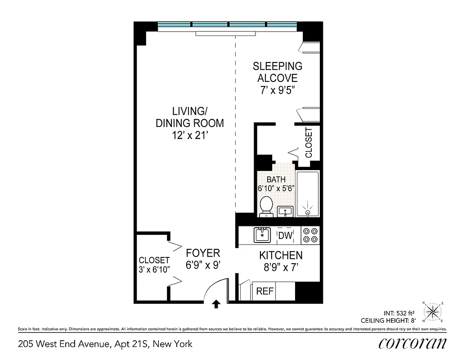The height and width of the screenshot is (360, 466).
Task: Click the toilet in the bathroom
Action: (x=266, y=206)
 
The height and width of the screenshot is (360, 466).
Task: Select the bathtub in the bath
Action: (x=308, y=193)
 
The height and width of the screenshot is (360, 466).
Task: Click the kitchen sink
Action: (x=261, y=235)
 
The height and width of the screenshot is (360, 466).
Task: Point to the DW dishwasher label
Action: (x=285, y=235)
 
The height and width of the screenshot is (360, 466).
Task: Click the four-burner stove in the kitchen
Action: (x=310, y=235)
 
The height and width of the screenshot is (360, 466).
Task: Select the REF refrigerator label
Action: (x=265, y=291)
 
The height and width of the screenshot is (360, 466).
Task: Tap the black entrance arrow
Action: (x=216, y=304)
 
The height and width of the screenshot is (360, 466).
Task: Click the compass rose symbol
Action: (x=433, y=311)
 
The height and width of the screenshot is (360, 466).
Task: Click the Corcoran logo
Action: (x=412, y=343)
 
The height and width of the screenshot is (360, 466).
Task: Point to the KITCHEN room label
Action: (x=281, y=256)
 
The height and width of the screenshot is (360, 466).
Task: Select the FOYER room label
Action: (x=203, y=253)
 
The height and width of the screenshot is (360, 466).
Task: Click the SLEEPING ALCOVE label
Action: (x=278, y=72)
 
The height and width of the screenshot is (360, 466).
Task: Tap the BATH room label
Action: (x=276, y=180)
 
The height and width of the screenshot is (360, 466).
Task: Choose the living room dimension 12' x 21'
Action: (x=189, y=135)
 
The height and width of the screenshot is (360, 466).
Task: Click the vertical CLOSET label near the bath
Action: (x=309, y=143)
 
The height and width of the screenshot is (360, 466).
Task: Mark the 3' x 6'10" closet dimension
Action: (x=154, y=270)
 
